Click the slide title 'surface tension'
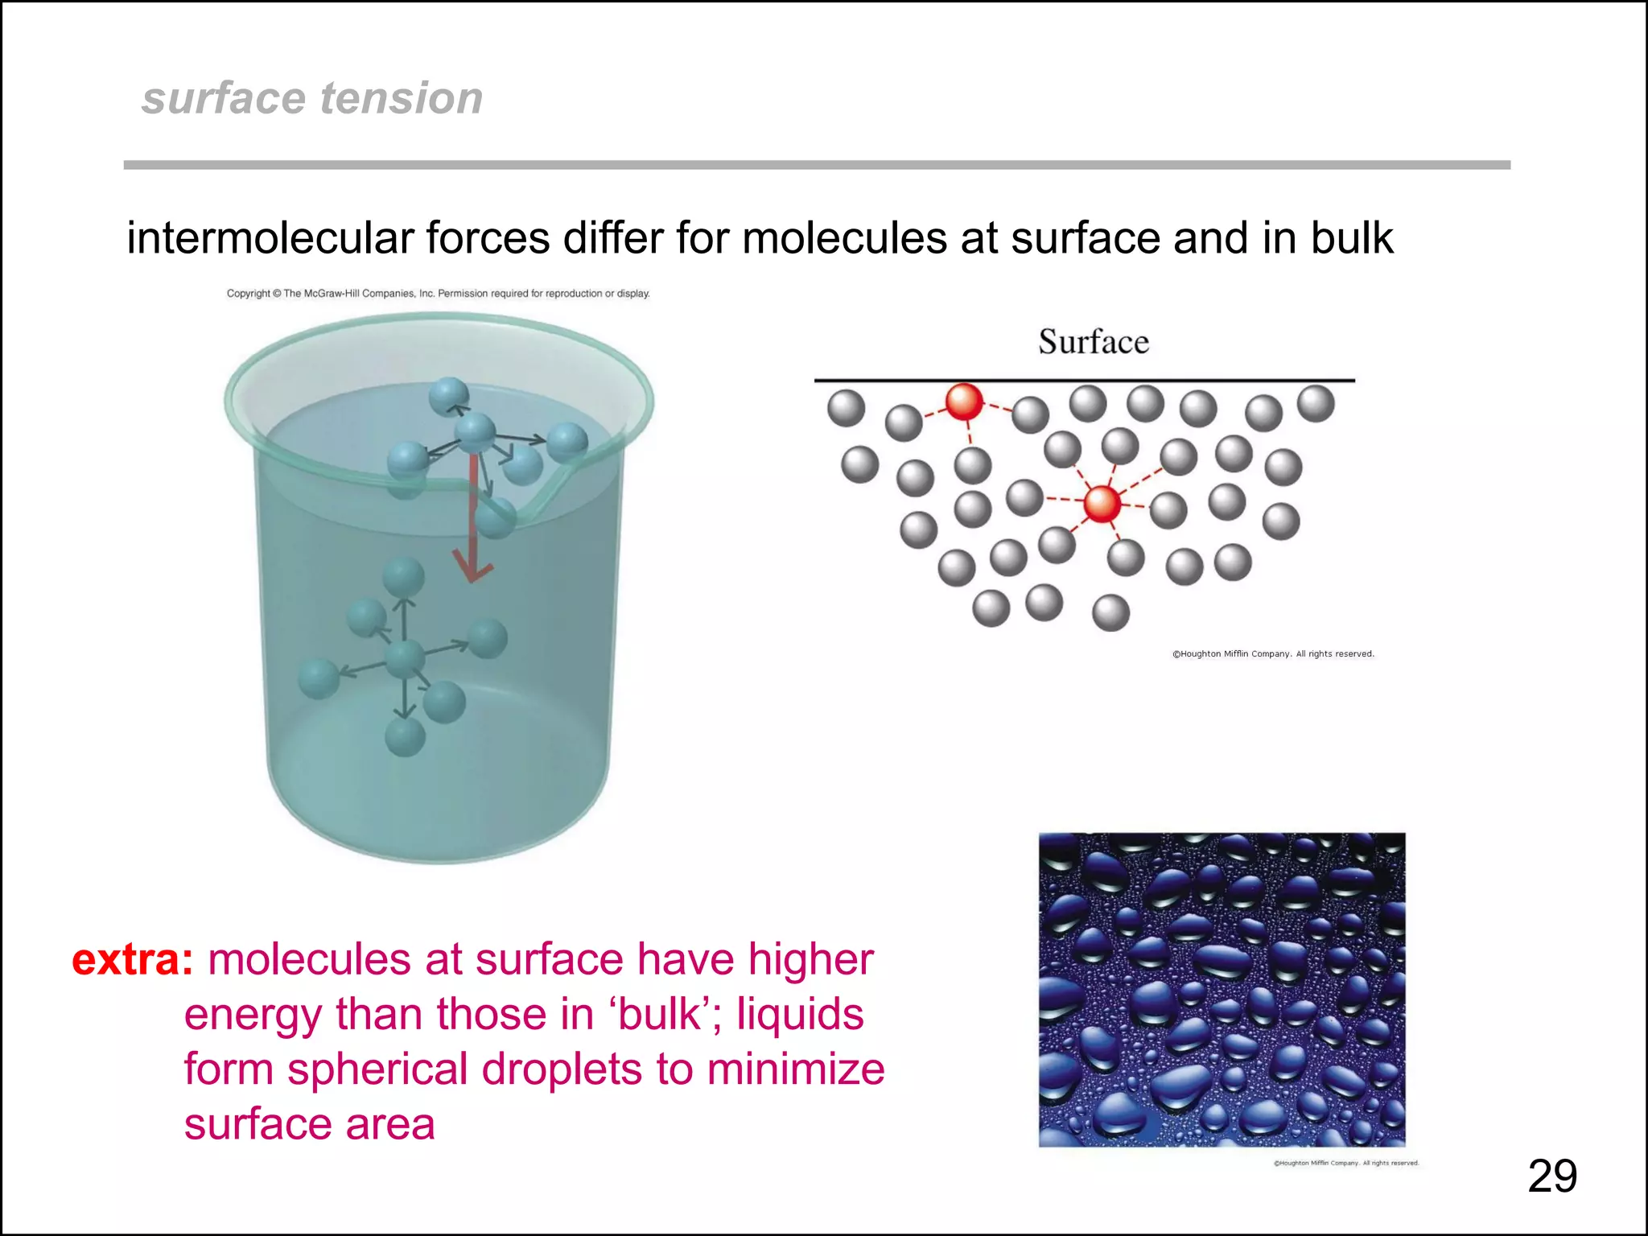click(312, 98)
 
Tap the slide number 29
click(1551, 1176)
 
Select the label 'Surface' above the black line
click(1094, 342)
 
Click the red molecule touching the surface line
click(964, 401)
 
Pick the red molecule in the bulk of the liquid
click(1102, 503)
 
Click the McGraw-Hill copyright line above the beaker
click(438, 294)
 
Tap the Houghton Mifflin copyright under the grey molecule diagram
click(1273, 654)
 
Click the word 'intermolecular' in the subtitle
click(270, 239)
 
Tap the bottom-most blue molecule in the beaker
click(405, 737)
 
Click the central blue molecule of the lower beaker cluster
click(405, 660)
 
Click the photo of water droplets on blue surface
click(1222, 990)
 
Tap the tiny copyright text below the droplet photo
click(1345, 1163)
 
